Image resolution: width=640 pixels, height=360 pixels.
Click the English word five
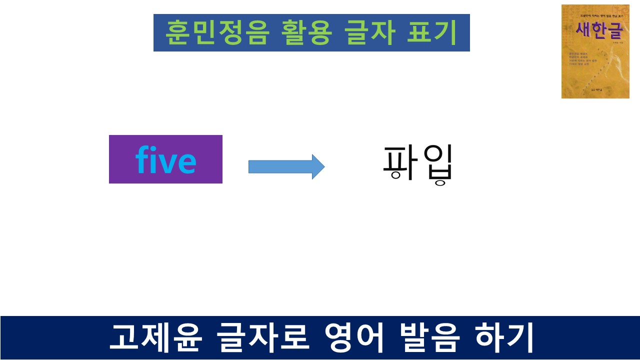click(165, 160)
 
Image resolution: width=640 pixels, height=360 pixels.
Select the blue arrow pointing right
click(286, 166)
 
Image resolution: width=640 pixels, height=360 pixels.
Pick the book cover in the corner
click(595, 51)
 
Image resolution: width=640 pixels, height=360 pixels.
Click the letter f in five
click(143, 160)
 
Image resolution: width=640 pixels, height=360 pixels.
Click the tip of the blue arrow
click(323, 166)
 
